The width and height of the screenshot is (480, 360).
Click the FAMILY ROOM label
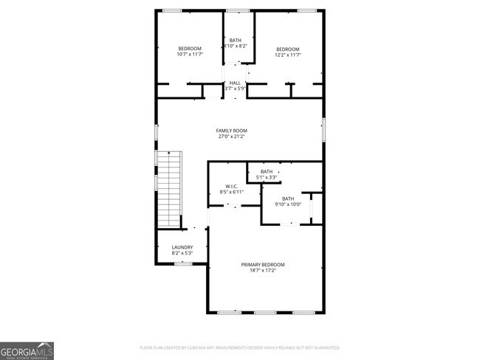pyautogui.click(x=230, y=131)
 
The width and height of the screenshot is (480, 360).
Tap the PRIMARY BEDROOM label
pyautogui.click(x=263, y=264)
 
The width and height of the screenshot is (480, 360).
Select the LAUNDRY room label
pyautogui.click(x=182, y=247)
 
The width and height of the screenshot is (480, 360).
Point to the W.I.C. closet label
pyautogui.click(x=231, y=186)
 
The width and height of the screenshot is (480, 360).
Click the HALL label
pyautogui.click(x=235, y=83)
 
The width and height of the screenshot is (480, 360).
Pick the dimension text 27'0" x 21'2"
pyautogui.click(x=230, y=136)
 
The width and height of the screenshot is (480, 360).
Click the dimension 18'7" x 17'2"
pyautogui.click(x=263, y=270)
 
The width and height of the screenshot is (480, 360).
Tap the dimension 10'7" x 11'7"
pyautogui.click(x=190, y=55)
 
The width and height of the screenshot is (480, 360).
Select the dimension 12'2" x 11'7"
pyautogui.click(x=288, y=55)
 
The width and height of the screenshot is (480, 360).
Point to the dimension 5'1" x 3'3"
pyautogui.click(x=267, y=177)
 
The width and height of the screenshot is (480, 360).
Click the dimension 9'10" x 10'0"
pyautogui.click(x=287, y=204)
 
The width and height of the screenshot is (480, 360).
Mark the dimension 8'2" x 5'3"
pyautogui.click(x=182, y=253)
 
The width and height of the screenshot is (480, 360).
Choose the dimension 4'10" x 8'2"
pyautogui.click(x=235, y=46)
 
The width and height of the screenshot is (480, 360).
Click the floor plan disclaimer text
pyautogui.click(x=240, y=347)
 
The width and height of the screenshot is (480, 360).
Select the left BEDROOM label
pyautogui.click(x=190, y=49)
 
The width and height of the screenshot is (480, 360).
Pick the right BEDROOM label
pyautogui.click(x=288, y=49)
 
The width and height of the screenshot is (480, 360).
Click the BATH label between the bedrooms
pyautogui.click(x=235, y=41)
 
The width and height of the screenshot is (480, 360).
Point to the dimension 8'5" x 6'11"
pyautogui.click(x=231, y=192)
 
